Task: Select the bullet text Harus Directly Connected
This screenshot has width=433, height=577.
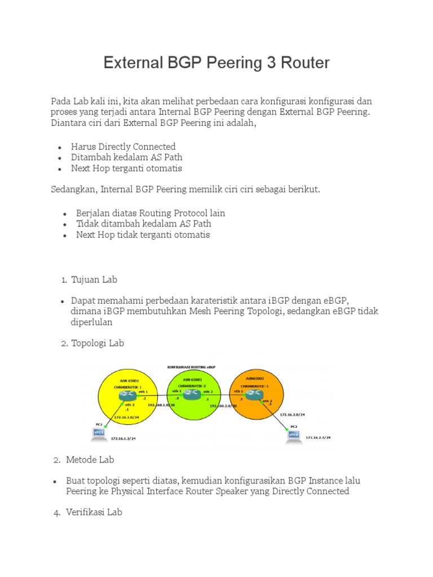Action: tap(123, 147)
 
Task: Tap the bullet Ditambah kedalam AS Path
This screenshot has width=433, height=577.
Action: tap(126, 157)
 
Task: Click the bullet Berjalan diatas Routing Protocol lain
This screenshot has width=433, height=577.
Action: tap(151, 213)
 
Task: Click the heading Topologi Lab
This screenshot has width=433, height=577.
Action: tap(97, 343)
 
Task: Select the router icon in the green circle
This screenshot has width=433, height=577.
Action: tap(192, 395)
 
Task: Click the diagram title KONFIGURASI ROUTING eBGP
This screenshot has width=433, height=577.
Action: tap(192, 367)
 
